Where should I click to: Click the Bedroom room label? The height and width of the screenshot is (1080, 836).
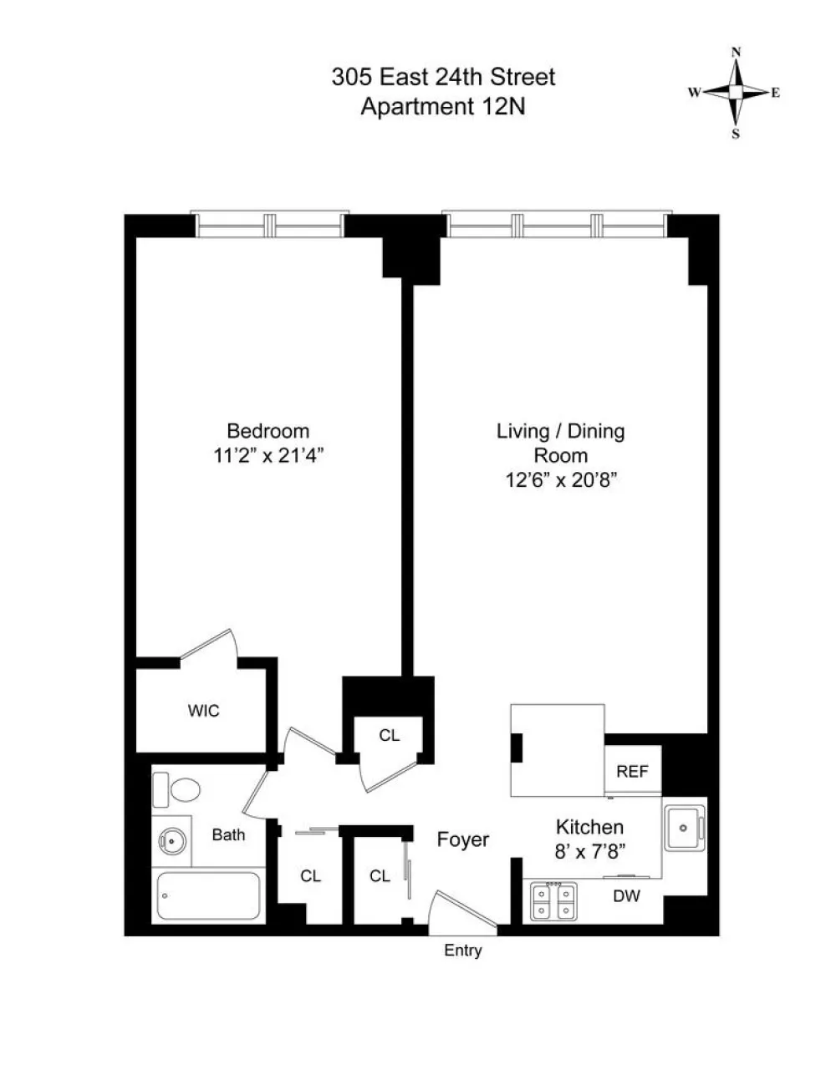[x=268, y=430]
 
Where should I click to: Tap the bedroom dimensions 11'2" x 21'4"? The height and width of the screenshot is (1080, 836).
[x=268, y=455]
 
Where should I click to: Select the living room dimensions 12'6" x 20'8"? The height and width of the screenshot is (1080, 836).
[x=561, y=480]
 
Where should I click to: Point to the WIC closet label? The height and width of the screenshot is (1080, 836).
[x=203, y=710]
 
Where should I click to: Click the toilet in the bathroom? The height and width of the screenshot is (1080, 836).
[x=176, y=789]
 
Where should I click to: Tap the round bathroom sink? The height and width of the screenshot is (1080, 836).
[x=171, y=841]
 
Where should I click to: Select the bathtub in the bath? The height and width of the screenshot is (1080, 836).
[x=208, y=895]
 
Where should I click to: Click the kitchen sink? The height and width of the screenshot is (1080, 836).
[x=685, y=828]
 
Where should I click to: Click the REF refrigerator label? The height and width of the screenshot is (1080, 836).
[x=632, y=771]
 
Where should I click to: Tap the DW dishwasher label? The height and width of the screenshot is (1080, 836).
[x=626, y=895]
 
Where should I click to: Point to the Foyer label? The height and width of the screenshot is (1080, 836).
[x=462, y=839]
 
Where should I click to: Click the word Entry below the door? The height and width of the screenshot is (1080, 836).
[x=463, y=951]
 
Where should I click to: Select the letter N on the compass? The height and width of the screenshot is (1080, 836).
[x=736, y=53]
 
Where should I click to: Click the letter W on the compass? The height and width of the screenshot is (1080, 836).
[x=694, y=92]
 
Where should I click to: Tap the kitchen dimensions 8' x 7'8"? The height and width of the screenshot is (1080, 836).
[x=590, y=852]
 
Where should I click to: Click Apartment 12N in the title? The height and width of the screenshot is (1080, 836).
[x=442, y=106]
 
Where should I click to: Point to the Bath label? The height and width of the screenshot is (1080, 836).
[x=228, y=834]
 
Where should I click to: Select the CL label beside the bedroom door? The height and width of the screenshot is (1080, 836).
[x=389, y=735]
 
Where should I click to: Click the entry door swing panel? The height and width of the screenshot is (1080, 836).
[x=465, y=909]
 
